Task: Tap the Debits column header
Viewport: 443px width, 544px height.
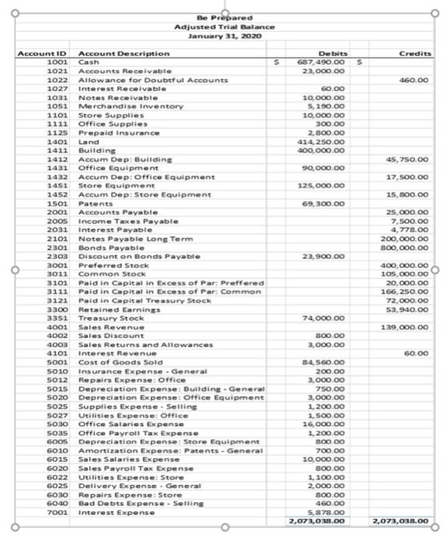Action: pyautogui.click(x=322, y=54)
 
